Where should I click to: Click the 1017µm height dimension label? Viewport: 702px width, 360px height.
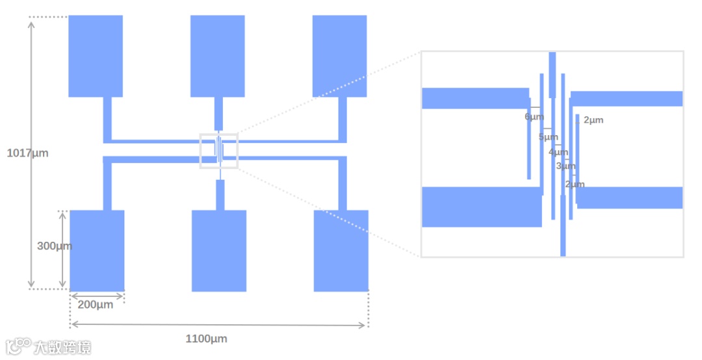pyautogui.click(x=27, y=153)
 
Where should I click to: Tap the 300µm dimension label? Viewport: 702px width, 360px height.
pyautogui.click(x=54, y=246)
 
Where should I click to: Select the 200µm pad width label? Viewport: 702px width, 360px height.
pyautogui.click(x=95, y=305)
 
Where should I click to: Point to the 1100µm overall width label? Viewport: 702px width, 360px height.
pyautogui.click(x=206, y=339)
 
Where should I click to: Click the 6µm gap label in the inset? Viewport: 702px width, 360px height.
pyautogui.click(x=534, y=117)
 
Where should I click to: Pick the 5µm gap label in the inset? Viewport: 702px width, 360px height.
pyautogui.click(x=548, y=137)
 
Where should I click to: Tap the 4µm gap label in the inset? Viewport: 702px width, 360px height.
pyautogui.click(x=558, y=152)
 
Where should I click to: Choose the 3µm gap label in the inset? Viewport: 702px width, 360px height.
pyautogui.click(x=565, y=166)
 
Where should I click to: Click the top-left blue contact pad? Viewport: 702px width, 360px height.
pyautogui.click(x=96, y=56)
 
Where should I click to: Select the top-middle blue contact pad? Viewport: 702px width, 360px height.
pyautogui.click(x=217, y=56)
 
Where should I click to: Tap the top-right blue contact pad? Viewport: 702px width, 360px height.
pyautogui.click(x=339, y=56)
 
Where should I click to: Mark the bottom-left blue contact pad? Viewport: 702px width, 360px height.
pyautogui.click(x=97, y=250)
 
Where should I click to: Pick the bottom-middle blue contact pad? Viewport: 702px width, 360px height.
pyautogui.click(x=219, y=250)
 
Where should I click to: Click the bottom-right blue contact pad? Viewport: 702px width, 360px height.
pyautogui.click(x=341, y=250)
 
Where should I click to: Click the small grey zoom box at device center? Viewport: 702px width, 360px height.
pyautogui.click(x=219, y=151)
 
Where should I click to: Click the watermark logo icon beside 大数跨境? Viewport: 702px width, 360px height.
pyautogui.click(x=19, y=346)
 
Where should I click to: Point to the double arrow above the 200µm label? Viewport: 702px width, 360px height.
pyautogui.click(x=97, y=296)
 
